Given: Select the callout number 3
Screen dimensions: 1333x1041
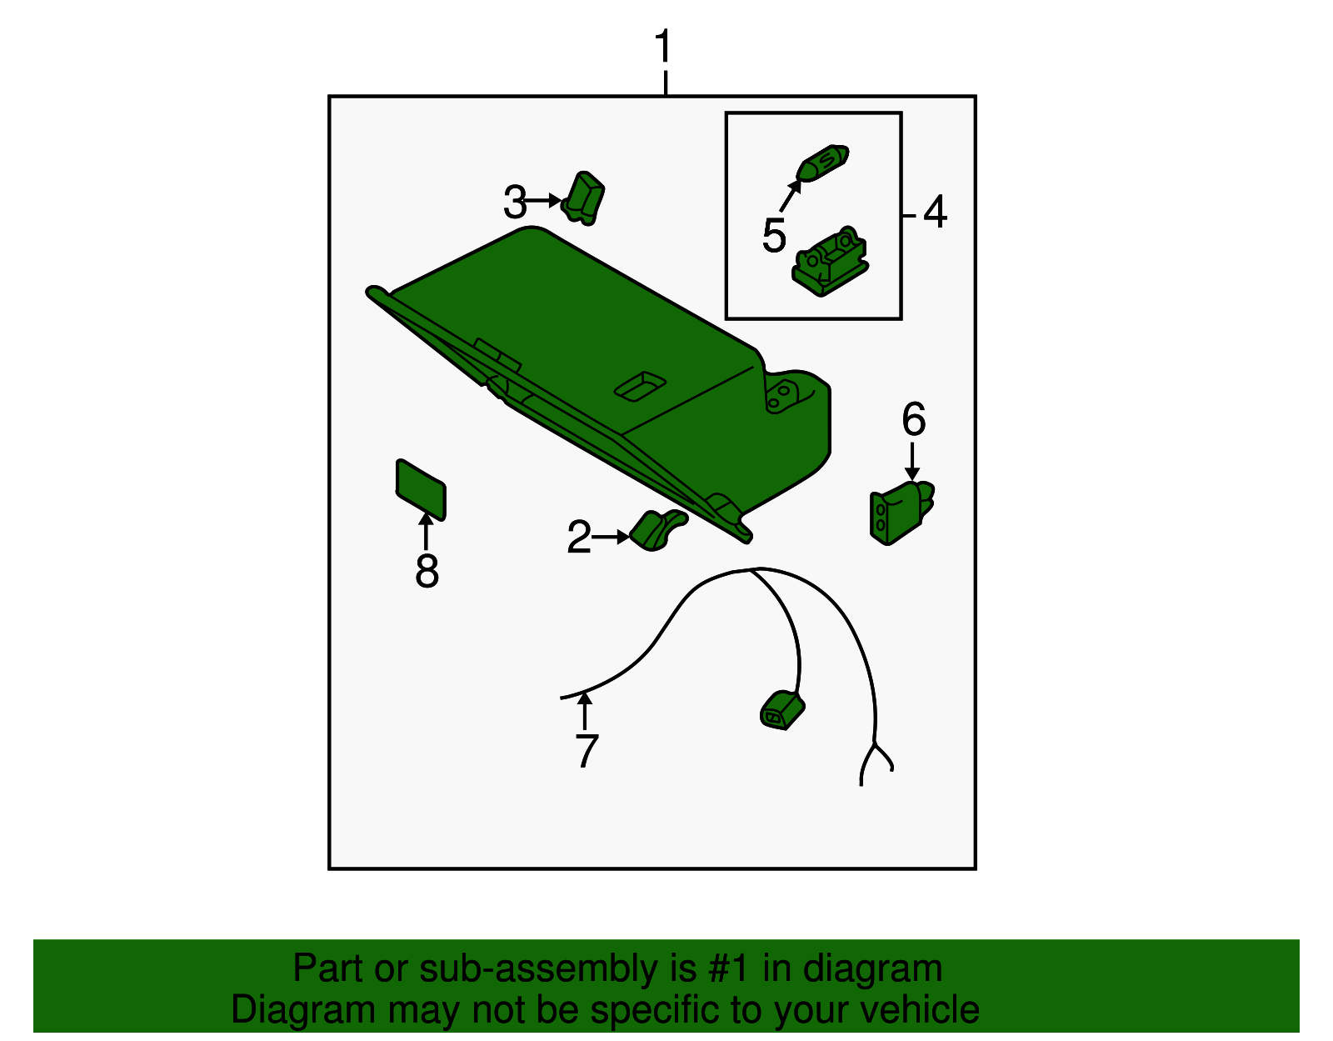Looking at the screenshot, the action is point(515,202).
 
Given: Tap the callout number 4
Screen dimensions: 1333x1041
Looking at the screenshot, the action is point(936,212).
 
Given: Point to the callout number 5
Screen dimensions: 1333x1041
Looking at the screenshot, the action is point(773,235).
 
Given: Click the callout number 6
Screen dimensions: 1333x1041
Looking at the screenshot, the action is point(913,419).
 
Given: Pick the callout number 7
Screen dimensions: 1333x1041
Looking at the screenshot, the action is point(587,750).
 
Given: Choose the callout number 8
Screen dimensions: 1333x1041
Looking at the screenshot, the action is point(427,570).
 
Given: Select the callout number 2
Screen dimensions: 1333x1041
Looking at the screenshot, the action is point(579,537).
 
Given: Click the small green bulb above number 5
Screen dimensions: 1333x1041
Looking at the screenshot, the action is point(822,163).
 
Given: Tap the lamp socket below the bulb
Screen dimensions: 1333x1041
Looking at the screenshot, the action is point(830,262).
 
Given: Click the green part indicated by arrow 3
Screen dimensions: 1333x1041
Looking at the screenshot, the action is point(583,198).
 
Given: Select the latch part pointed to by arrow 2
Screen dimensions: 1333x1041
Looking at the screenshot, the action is point(658,529).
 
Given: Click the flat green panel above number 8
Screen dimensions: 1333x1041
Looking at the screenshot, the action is point(421,489).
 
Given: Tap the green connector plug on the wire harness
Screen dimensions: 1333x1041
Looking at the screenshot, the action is point(782,711).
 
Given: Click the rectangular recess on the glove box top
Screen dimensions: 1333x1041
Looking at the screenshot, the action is point(640,387).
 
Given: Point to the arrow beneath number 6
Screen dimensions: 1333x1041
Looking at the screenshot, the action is point(912,461).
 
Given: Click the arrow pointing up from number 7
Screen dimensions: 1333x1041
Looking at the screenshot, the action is point(585,710).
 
